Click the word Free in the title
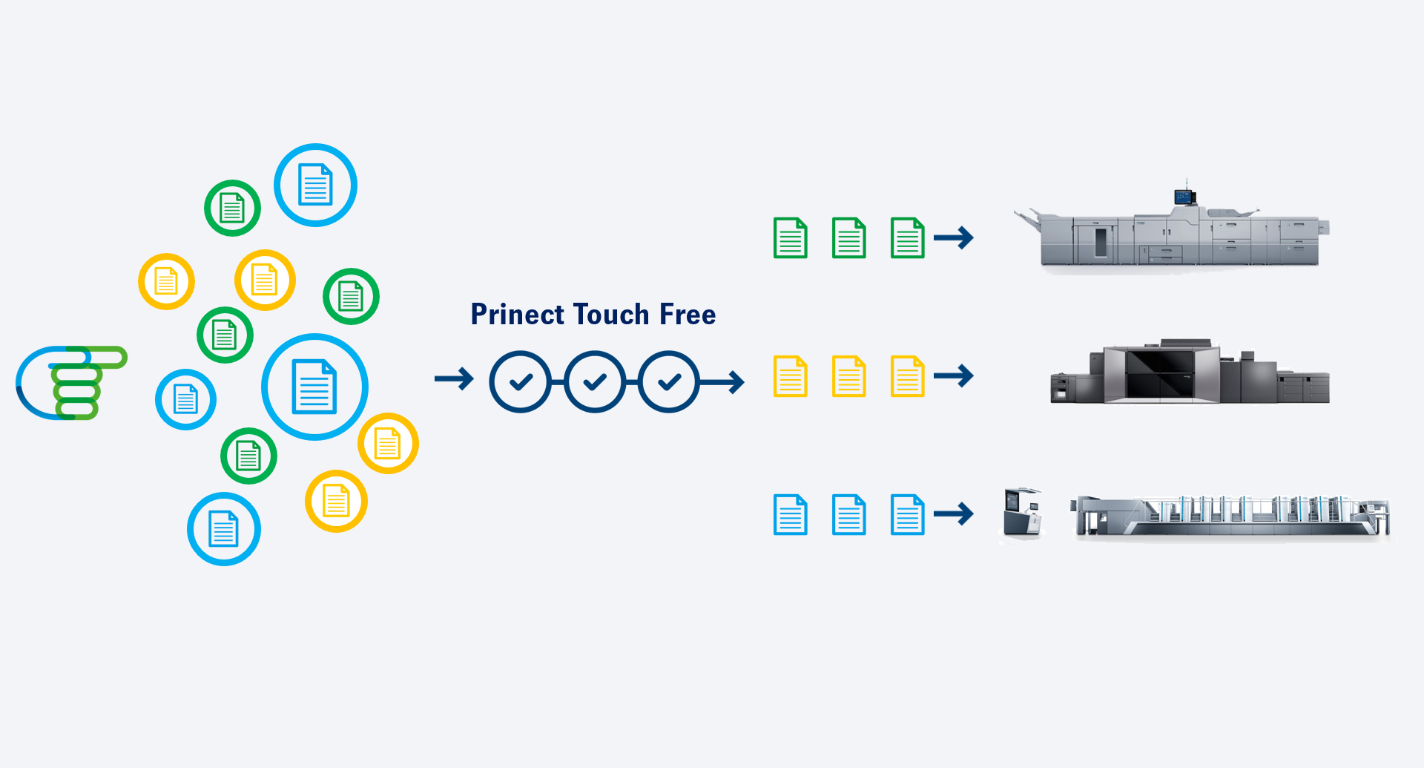coord(688,315)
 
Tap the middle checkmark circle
coord(595,381)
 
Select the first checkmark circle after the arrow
coord(521,381)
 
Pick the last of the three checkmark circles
coord(669,381)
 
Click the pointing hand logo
coord(70,382)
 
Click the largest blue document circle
coord(314,387)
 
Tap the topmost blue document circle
coord(315,185)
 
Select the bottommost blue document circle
coord(223,529)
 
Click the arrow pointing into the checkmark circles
coord(454,378)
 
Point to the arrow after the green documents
coord(953,237)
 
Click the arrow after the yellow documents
coord(953,375)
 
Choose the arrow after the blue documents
coord(953,513)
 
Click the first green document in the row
coord(790,237)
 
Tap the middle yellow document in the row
coord(848,376)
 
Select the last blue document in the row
coord(907,514)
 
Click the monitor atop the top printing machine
coord(1184,197)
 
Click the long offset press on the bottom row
coord(1231,516)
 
